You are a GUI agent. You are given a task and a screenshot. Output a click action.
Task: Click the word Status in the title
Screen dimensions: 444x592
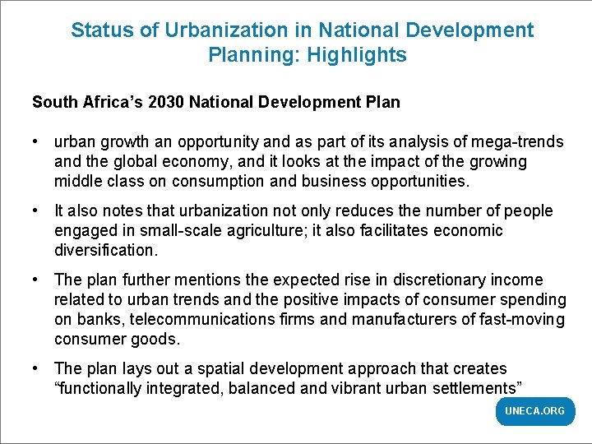tap(98, 30)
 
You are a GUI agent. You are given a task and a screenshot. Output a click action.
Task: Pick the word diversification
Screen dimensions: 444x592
tap(104, 250)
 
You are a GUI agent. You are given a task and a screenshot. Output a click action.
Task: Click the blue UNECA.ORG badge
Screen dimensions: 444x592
tap(534, 411)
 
